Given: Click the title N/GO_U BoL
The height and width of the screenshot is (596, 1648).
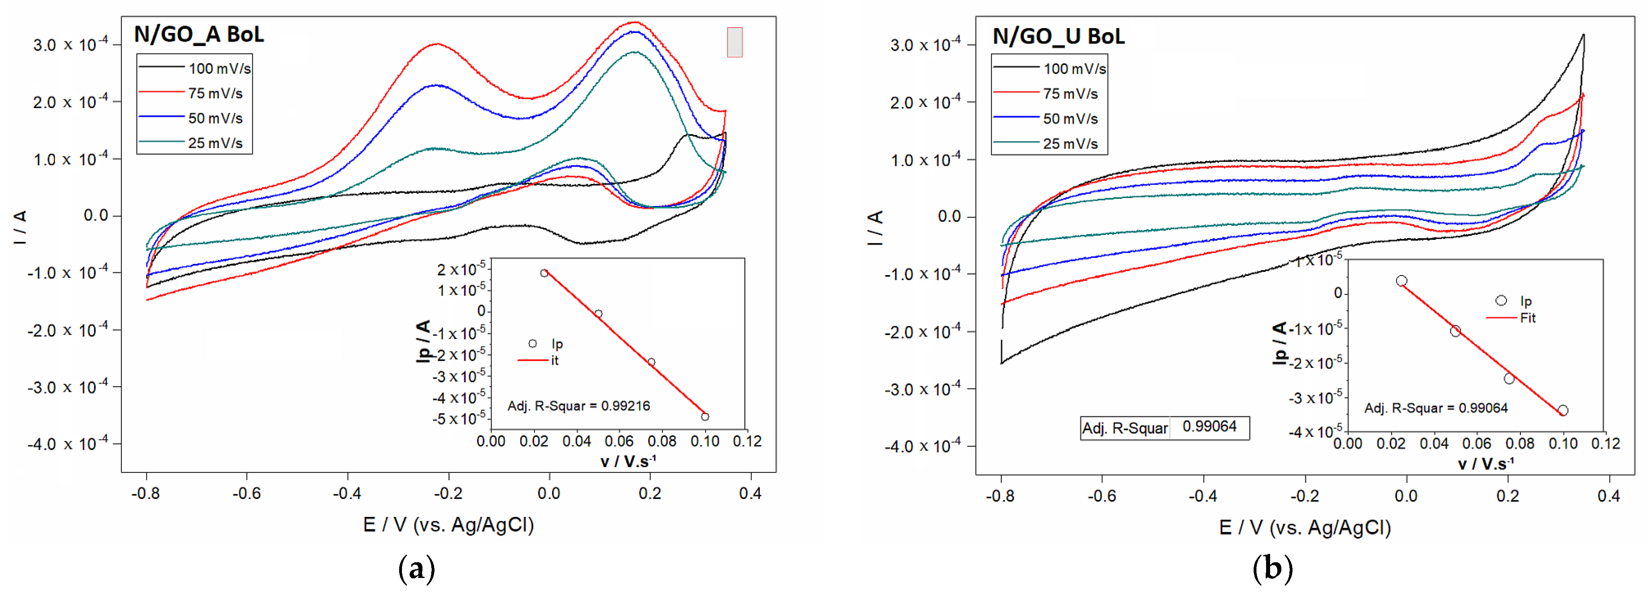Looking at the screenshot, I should pyautogui.click(x=1058, y=37).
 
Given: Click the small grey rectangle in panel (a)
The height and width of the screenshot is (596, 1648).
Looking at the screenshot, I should pyautogui.click(x=735, y=42).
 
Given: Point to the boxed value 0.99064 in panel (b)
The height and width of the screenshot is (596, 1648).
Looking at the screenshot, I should pyautogui.click(x=1209, y=427).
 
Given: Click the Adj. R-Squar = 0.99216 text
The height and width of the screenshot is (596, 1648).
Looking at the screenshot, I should pyautogui.click(x=578, y=406).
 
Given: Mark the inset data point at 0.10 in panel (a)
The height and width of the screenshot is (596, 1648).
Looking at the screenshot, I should pyautogui.click(x=705, y=417).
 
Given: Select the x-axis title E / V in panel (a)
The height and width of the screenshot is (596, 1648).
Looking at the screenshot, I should pyautogui.click(x=448, y=525).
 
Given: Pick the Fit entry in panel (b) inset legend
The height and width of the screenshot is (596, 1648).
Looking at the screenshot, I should pyautogui.click(x=1528, y=318).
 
